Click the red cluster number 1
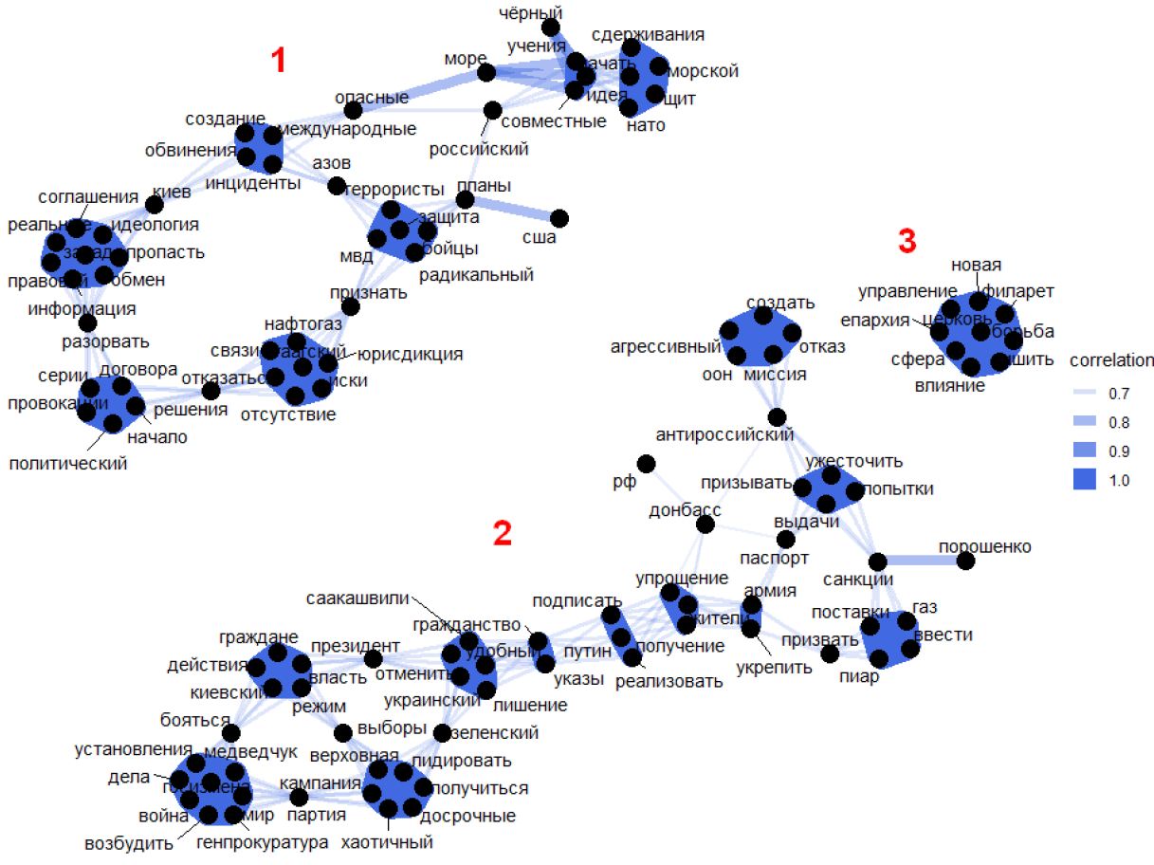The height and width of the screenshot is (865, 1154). pyautogui.click(x=278, y=62)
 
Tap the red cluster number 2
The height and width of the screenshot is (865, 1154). pyautogui.click(x=503, y=535)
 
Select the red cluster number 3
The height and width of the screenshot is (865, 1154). pyautogui.click(x=907, y=243)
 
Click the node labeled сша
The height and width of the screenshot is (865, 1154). pyautogui.click(x=559, y=219)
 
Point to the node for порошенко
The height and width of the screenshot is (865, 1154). pyautogui.click(x=965, y=561)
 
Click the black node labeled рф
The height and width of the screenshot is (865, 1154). pyautogui.click(x=647, y=463)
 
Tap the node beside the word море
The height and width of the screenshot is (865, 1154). pyautogui.click(x=486, y=72)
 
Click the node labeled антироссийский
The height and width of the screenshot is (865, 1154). pyautogui.click(x=778, y=416)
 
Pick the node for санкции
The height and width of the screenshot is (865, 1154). pyautogui.click(x=878, y=561)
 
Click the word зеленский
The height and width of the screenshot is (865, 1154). pyautogui.click(x=496, y=733)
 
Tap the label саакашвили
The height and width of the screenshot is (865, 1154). pyautogui.click(x=357, y=598)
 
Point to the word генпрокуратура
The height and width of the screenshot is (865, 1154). pyautogui.click(x=262, y=841)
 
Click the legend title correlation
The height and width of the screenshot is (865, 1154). pyautogui.click(x=1111, y=360)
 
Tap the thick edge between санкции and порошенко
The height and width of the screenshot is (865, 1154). pyautogui.click(x=922, y=561)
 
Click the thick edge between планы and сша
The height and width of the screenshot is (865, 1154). pyautogui.click(x=512, y=210)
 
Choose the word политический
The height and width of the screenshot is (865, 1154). pyautogui.click(x=67, y=464)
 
